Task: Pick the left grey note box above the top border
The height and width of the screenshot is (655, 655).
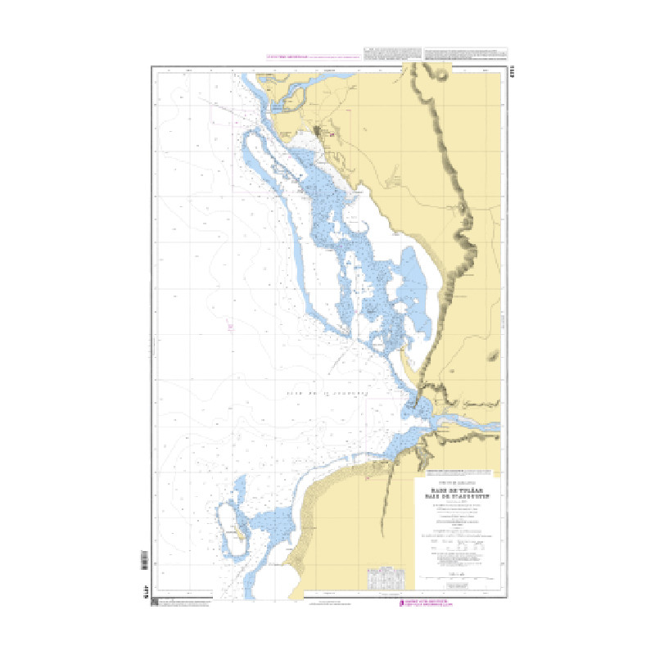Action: pyautogui.click(x=392, y=54)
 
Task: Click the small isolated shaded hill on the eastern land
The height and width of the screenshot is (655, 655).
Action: pyautogui.click(x=493, y=355)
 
